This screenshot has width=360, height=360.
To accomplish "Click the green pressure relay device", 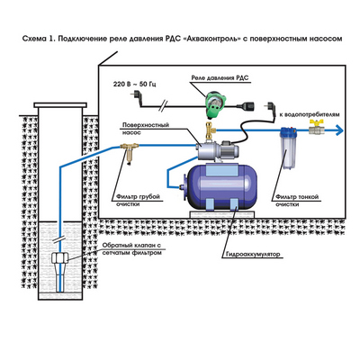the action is [x=215, y=103].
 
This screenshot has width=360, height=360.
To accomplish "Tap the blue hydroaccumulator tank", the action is [x=221, y=186].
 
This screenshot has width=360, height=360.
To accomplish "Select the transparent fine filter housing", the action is [x=288, y=148].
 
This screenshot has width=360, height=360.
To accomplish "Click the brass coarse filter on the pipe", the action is [x=129, y=152].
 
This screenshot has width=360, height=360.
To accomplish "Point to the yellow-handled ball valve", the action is [x=317, y=128].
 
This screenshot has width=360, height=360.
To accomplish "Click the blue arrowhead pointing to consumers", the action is [x=339, y=130].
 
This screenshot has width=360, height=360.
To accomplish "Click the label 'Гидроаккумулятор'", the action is [x=251, y=254].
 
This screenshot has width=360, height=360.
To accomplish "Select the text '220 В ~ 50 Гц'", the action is [x=135, y=84].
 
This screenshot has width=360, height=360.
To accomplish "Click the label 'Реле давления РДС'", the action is [x=220, y=78].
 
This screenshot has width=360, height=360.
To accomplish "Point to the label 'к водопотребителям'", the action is [x=310, y=114].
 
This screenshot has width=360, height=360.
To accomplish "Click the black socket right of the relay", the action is [x=246, y=106].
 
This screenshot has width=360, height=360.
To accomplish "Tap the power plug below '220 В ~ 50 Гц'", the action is [x=136, y=96].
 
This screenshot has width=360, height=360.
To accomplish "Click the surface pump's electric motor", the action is [x=224, y=152].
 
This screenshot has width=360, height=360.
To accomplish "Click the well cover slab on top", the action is [x=60, y=105].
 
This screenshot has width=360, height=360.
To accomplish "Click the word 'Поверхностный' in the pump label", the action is [x=146, y=125].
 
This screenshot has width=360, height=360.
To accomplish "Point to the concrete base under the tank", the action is [x=222, y=214].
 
